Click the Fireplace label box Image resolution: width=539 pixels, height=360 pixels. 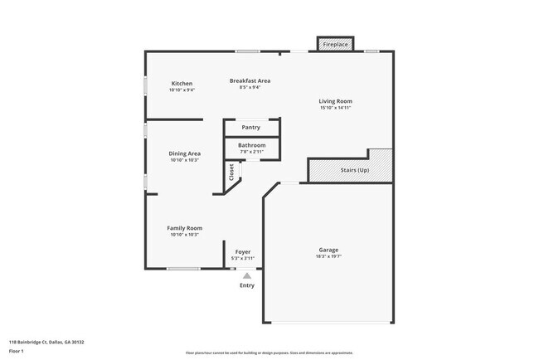coord(335,43)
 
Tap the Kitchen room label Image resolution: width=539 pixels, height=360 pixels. coord(182,84)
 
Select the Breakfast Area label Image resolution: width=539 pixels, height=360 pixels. coord(250,80)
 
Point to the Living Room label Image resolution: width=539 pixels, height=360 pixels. coord(335,101)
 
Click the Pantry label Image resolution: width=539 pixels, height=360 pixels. coord(250,128)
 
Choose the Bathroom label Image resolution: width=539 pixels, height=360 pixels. coord(252,145)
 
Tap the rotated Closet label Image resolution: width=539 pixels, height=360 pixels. coord(231,172)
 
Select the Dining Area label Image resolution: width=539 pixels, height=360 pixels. coord(185,153)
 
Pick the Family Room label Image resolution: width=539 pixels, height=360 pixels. coord(185,228)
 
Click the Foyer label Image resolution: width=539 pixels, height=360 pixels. coord(243,251)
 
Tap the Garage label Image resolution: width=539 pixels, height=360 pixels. coord(328,250)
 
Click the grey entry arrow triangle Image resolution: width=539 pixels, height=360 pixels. coord(246,275)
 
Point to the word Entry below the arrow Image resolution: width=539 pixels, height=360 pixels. coord(247,285)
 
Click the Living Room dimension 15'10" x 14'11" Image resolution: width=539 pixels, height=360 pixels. coord(335,108)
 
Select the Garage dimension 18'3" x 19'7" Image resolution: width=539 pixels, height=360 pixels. coord(328,256)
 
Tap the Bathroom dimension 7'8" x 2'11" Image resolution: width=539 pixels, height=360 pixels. coord(252,152)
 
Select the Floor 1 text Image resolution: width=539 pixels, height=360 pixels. coord(17,351)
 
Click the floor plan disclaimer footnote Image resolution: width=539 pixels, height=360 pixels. coord(269,353)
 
